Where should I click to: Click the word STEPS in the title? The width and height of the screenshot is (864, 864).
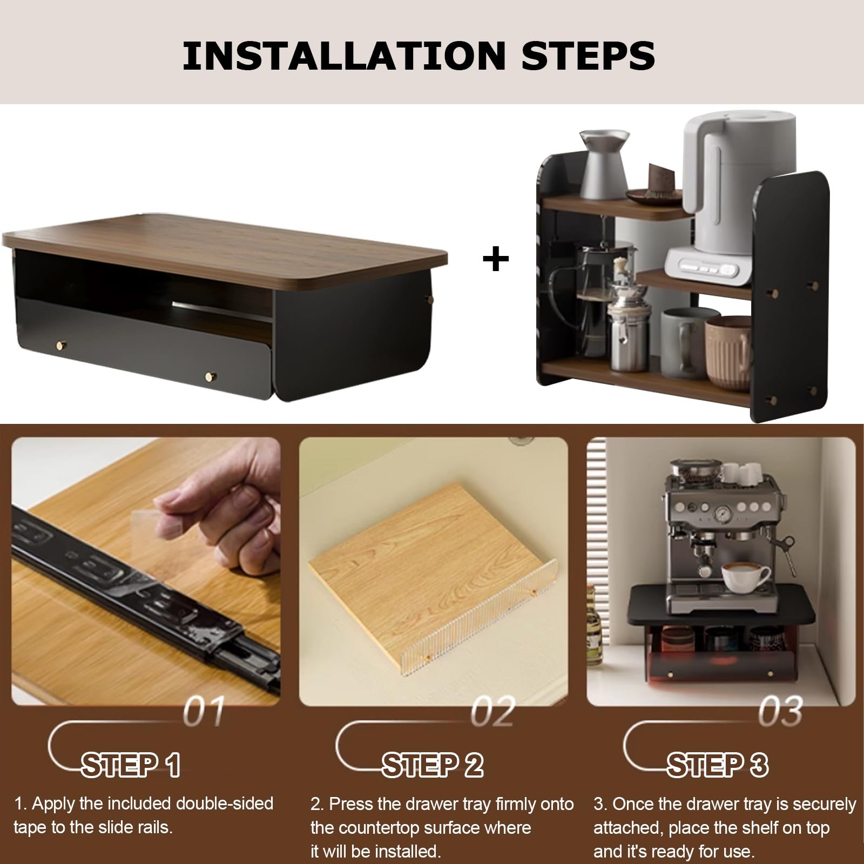point(589,55)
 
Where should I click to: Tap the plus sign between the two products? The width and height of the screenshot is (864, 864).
point(496,259)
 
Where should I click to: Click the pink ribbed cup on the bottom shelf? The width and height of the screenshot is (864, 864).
point(728,346)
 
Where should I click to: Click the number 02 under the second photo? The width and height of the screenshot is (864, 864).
point(493,712)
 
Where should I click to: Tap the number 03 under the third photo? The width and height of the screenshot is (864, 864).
point(780,712)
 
